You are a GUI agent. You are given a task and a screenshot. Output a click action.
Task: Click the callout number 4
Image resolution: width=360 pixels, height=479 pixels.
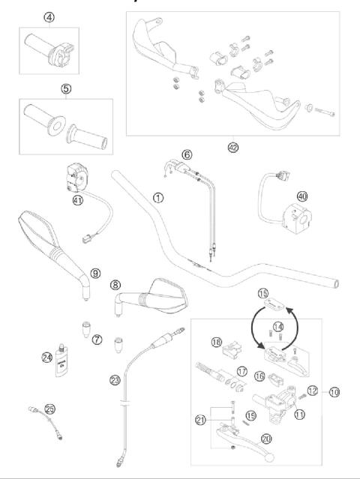[49, 16]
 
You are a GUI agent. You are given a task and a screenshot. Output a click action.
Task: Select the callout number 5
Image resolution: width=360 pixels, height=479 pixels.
[65, 88]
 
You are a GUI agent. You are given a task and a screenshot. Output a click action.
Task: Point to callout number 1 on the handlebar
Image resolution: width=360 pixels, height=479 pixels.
[157, 198]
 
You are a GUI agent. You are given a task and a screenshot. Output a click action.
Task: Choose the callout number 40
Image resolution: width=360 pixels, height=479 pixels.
[302, 196]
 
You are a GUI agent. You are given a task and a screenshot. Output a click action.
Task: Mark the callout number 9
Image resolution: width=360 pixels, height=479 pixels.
[94, 274]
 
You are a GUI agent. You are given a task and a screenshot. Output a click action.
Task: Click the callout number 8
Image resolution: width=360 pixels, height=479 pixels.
[115, 286]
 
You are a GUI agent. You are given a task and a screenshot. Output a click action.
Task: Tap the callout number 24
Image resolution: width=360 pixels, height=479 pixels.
[46, 357]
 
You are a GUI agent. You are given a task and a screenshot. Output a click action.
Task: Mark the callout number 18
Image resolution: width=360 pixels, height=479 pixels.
[216, 342]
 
